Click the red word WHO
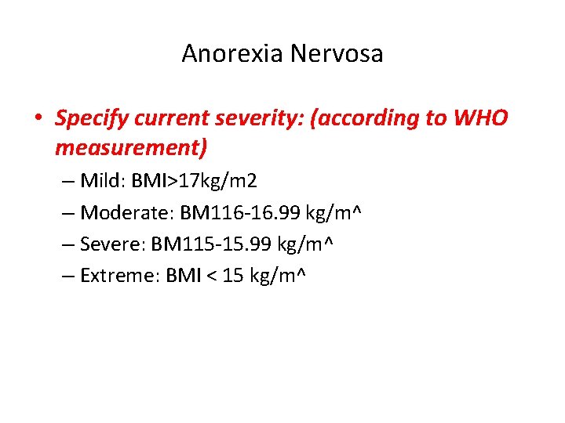[x=480, y=119]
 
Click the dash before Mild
[x=66, y=182]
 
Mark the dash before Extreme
[x=66, y=276]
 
